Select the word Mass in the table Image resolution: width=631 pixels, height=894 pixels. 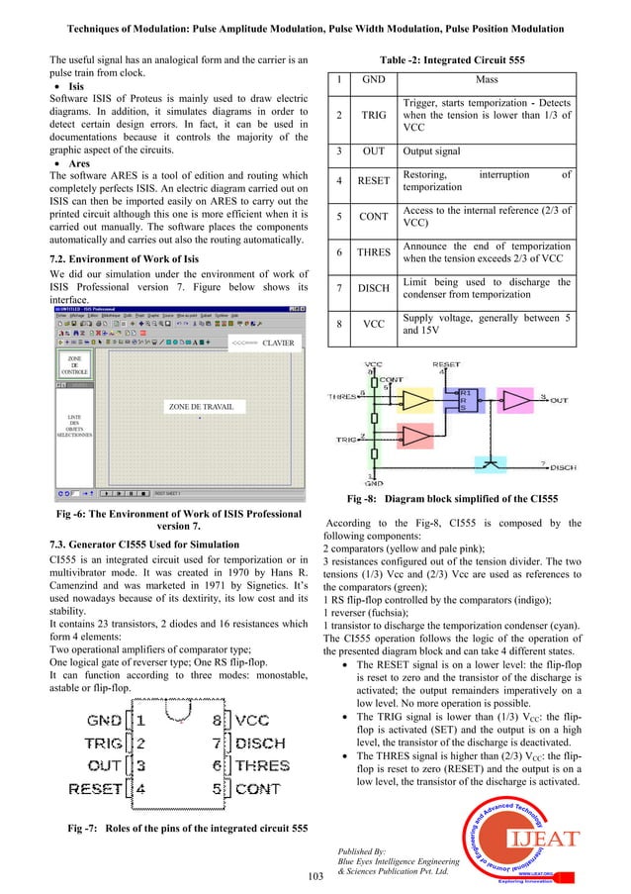click(488, 80)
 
